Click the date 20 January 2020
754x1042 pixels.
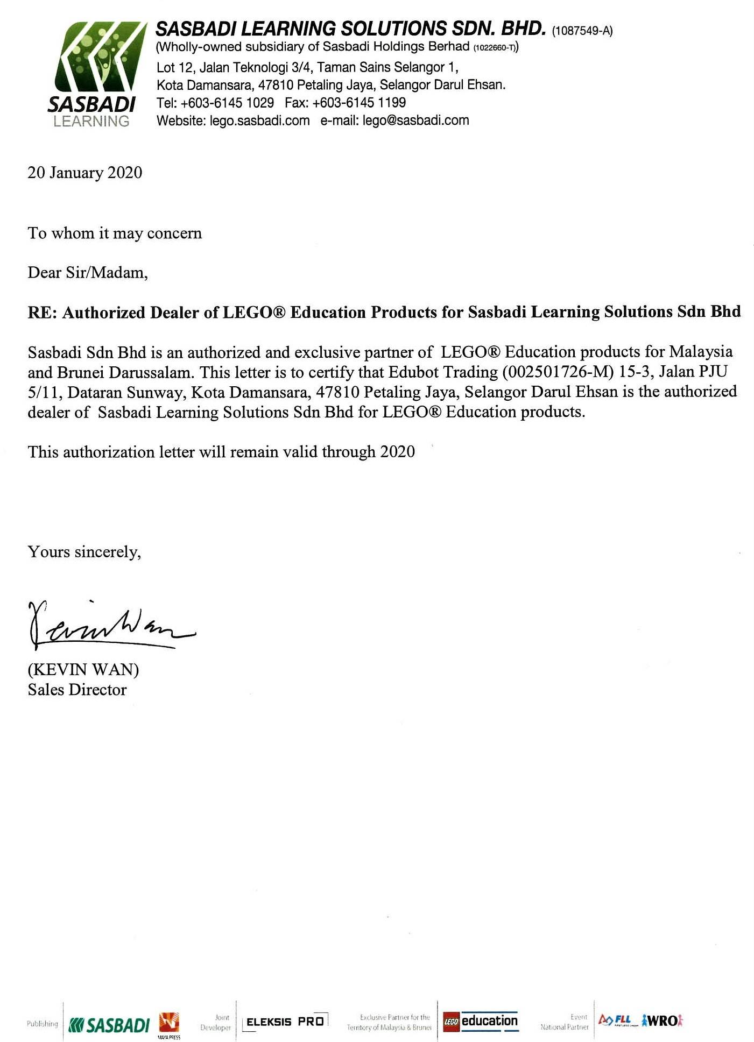click(85, 173)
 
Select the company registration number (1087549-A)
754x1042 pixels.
click(582, 31)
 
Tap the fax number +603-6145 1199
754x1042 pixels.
click(359, 103)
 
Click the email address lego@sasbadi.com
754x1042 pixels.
click(415, 120)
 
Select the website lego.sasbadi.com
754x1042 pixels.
click(259, 120)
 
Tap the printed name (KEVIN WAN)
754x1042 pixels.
click(83, 670)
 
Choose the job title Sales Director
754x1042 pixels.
click(77, 690)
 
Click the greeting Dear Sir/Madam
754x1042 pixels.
click(88, 273)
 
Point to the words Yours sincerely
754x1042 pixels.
click(84, 552)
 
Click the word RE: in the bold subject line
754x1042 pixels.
click(43, 313)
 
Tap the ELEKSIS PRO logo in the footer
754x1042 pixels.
click(285, 1021)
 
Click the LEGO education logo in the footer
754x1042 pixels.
click(480, 1021)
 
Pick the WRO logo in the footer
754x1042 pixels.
click(663, 1020)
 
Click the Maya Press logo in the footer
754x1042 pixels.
click(169, 1024)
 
